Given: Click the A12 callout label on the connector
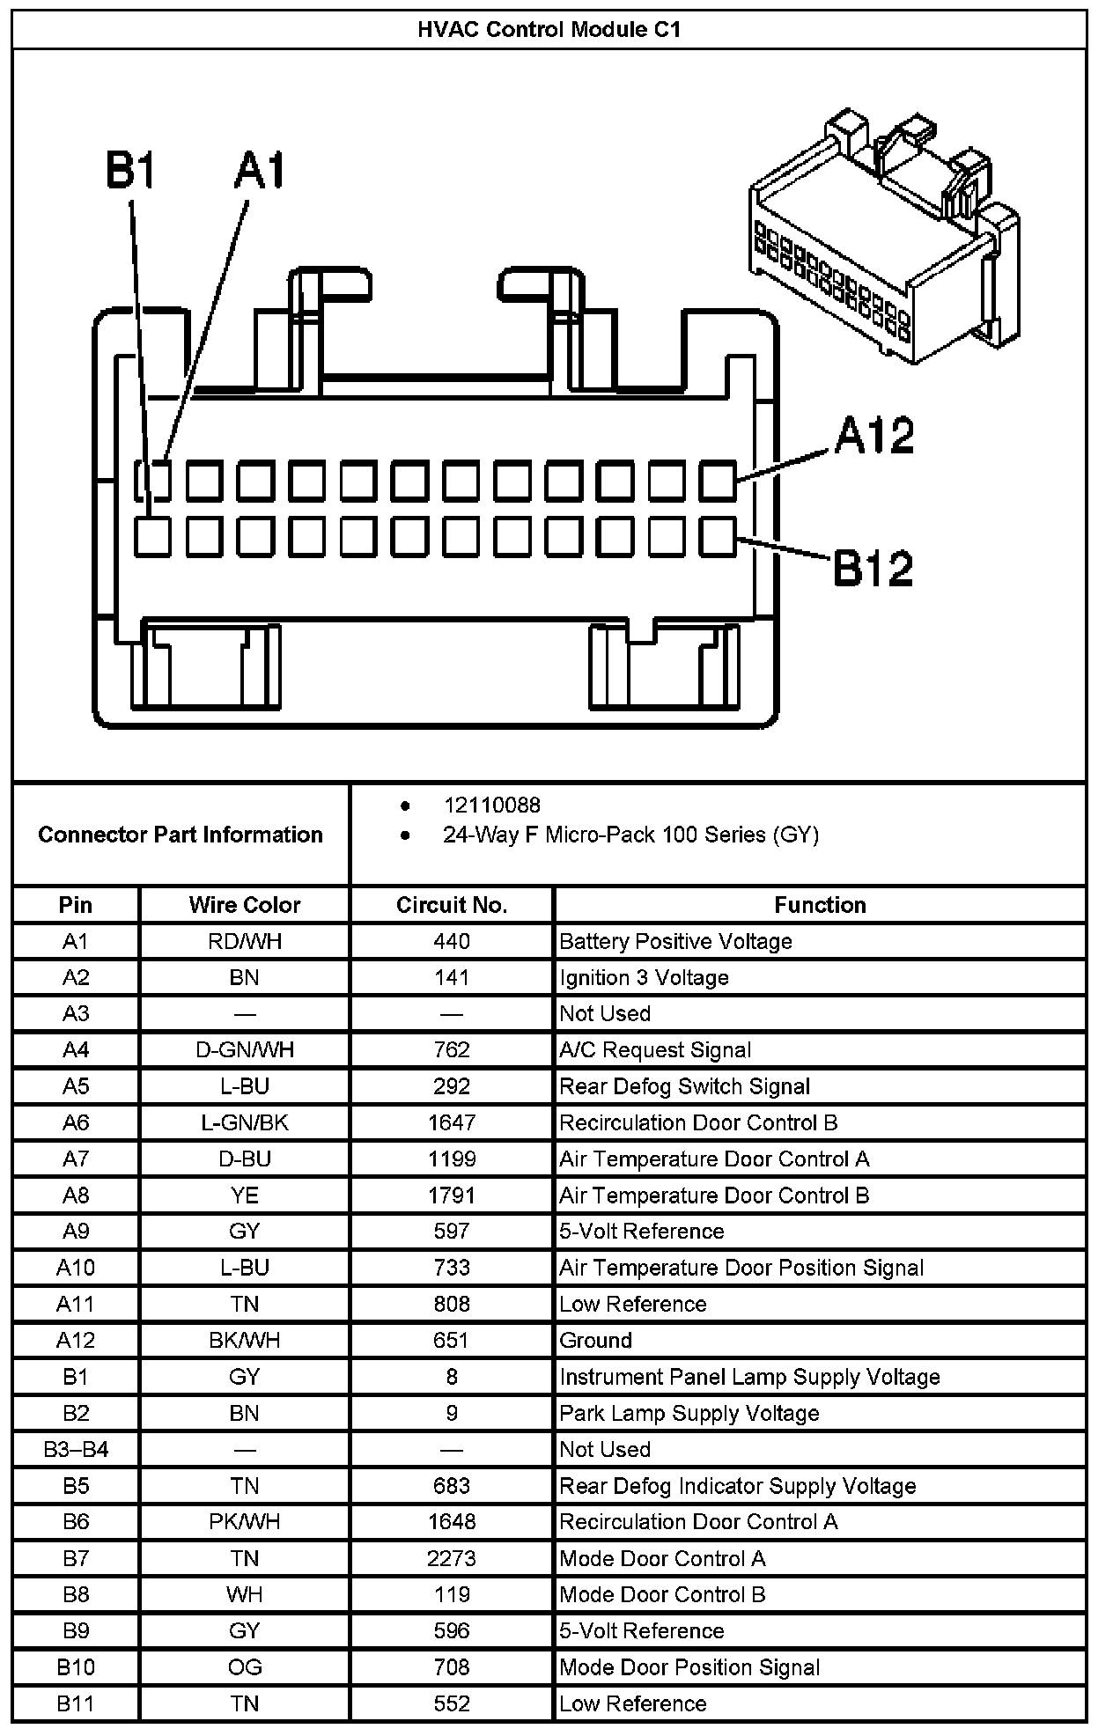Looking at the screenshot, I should tap(873, 436).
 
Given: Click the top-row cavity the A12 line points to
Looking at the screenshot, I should tap(718, 482).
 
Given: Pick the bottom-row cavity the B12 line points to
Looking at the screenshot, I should tap(718, 536).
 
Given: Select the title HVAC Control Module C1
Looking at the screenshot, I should tap(549, 30).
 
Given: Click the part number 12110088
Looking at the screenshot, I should tap(491, 805).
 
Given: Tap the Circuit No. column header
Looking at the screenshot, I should tap(451, 905).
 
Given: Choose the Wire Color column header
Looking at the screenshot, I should tap(244, 905).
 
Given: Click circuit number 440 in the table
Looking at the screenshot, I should tap(451, 941).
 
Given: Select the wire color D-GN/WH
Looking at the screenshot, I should tap(244, 1049).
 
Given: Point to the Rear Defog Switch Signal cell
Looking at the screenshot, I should tap(684, 1086).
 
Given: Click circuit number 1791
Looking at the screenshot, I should tap(451, 1195).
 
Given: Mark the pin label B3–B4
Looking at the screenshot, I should tap(76, 1449).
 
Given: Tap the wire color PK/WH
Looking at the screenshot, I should tap(244, 1521).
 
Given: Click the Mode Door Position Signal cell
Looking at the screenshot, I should tap(689, 1666).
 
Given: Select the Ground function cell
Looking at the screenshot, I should tap(596, 1340).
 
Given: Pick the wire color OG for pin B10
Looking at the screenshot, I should tap(244, 1666).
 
